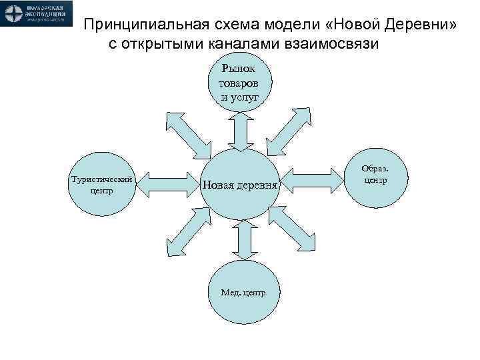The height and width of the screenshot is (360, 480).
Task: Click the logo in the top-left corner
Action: click(x=37, y=14)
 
